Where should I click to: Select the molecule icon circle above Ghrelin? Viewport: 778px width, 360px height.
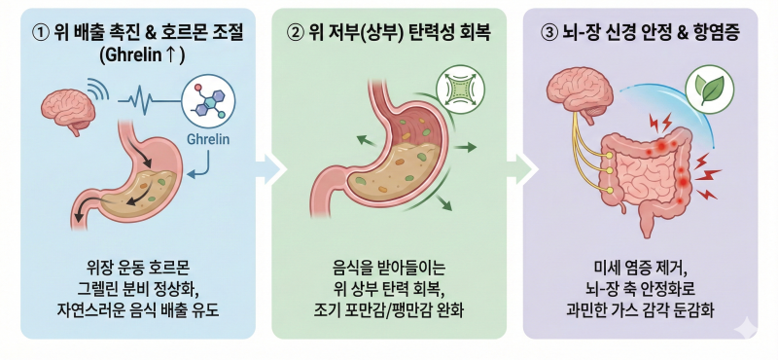pyautogui.click(x=208, y=101)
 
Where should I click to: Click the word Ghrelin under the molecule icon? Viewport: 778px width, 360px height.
pyautogui.click(x=208, y=139)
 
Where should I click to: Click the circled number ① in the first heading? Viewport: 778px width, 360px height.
pyautogui.click(x=40, y=33)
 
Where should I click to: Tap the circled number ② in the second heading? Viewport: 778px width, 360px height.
pyautogui.click(x=295, y=33)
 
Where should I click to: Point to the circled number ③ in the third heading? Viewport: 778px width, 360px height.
pyautogui.click(x=548, y=33)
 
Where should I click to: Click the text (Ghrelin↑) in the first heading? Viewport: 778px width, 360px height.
pyautogui.click(x=141, y=55)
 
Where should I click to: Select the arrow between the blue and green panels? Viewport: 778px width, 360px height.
pyautogui.click(x=272, y=169)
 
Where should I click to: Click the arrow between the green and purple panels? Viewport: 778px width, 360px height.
pyautogui.click(x=523, y=169)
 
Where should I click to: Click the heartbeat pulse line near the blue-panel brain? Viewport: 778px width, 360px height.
pyautogui.click(x=150, y=101)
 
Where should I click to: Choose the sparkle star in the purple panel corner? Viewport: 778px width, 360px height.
pyautogui.click(x=744, y=327)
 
